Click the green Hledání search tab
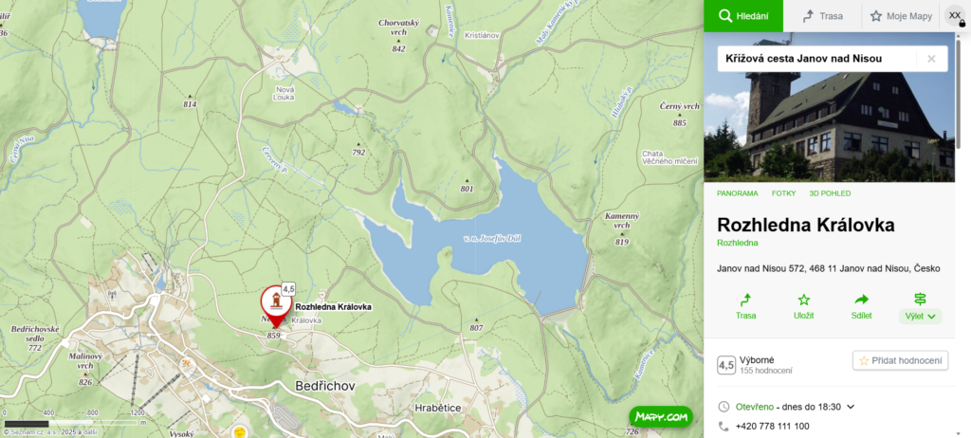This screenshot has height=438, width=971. (742, 16)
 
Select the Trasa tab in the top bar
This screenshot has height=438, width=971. (821, 16)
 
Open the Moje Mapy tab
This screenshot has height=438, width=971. (900, 16)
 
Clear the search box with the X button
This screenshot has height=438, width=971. (931, 59)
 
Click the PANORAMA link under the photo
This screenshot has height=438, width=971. (737, 193)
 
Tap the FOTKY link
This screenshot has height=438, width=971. (783, 193)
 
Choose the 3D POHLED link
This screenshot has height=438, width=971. (830, 193)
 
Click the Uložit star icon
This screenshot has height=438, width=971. (803, 300)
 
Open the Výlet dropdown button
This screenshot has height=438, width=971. (919, 306)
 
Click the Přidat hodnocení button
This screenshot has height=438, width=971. (900, 360)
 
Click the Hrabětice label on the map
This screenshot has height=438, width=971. (437, 408)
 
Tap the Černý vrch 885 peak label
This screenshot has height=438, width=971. (679, 114)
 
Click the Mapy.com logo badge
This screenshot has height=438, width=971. (661, 415)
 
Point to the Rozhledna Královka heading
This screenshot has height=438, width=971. (806, 225)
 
